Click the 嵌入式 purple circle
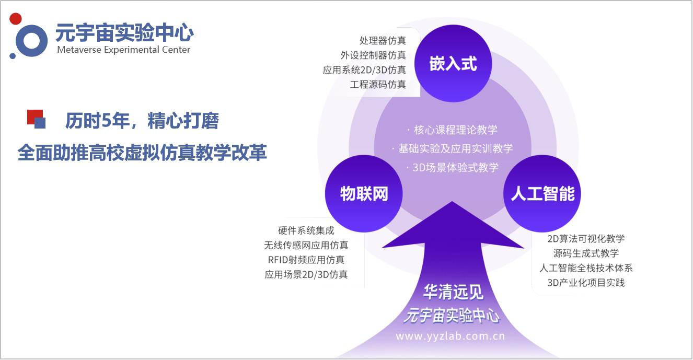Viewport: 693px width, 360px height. tap(453, 63)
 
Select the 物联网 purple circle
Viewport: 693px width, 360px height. tap(364, 194)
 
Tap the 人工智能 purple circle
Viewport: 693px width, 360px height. tap(542, 194)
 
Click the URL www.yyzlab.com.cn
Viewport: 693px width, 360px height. tap(450, 336)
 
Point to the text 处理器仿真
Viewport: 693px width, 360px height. tap(383, 41)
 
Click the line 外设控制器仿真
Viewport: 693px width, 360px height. tap(373, 55)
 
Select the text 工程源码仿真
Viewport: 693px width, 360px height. tap(378, 85)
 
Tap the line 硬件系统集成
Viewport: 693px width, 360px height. tap(306, 230)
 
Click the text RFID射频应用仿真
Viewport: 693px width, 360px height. tap(306, 260)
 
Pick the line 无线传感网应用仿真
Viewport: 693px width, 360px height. tap(306, 245)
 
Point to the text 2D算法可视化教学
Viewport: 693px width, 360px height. tap(586, 239)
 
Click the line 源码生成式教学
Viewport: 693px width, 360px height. tap(586, 253)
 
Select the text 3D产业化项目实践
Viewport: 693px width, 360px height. tap(586, 283)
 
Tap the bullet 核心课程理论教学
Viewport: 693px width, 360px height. tap(452, 130)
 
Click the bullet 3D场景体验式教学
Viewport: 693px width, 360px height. tap(452, 168)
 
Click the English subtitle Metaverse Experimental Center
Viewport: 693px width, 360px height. tap(123, 50)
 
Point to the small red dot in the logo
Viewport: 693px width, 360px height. tap(16, 19)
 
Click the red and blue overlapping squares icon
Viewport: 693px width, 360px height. tap(36, 119)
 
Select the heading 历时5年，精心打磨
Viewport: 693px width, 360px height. tap(142, 121)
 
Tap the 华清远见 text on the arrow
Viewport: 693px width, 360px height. tap(453, 292)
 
